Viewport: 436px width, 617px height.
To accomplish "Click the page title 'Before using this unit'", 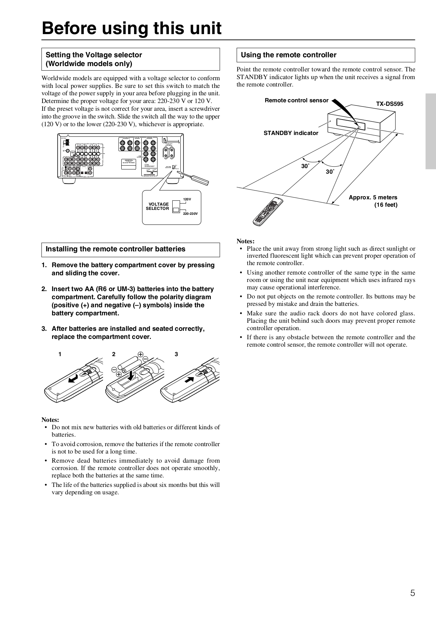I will (x=132, y=28).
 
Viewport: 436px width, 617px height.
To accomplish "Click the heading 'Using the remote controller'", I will (x=288, y=55).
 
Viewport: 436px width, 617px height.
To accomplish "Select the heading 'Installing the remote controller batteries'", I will (x=115, y=249).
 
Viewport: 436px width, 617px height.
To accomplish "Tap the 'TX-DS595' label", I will (x=390, y=104).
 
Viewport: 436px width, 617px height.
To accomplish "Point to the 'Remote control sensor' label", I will (x=296, y=101).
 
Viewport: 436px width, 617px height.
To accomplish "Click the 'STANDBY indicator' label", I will (x=290, y=133).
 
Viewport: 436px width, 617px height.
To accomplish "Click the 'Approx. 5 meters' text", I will (x=373, y=198).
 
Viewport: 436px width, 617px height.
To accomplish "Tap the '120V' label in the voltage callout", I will (x=187, y=199).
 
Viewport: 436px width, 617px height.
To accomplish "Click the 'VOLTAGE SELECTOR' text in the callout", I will (x=158, y=206).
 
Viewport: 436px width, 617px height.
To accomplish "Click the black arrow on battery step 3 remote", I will (x=189, y=380).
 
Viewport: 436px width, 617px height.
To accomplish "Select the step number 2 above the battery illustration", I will (x=114, y=354).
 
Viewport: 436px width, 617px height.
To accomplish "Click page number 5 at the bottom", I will (x=412, y=593).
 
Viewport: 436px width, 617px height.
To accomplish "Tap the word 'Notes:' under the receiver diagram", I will (x=245, y=241).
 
